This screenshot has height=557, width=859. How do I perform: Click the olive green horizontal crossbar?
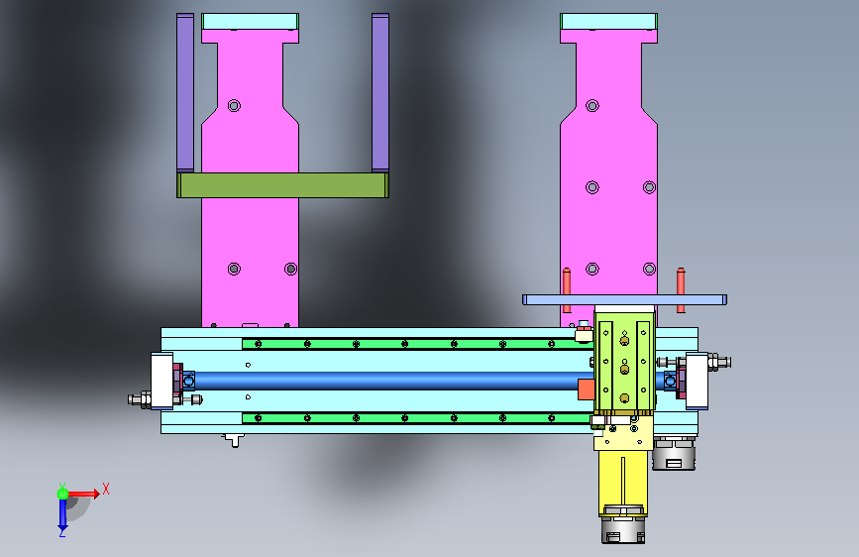pyautogui.click(x=282, y=185)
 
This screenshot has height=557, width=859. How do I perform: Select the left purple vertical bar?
pyautogui.click(x=185, y=93)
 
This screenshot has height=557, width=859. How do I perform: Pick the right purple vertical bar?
pyautogui.click(x=380, y=93)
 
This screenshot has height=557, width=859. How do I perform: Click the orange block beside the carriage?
pyautogui.click(x=587, y=390)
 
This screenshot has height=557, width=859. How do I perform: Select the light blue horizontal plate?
pyautogui.click(x=624, y=300)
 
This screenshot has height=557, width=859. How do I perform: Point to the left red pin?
pyautogui.click(x=567, y=290)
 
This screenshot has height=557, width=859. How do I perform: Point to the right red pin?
pyautogui.click(x=681, y=290)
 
